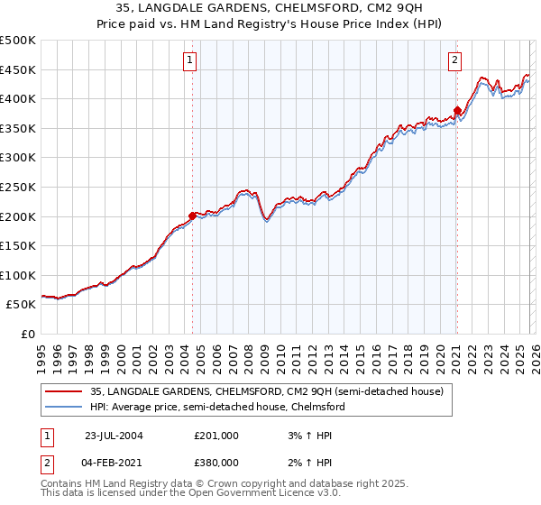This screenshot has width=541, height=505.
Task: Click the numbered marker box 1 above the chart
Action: tap(191, 60)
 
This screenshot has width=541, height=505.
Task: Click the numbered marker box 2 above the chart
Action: tap(454, 60)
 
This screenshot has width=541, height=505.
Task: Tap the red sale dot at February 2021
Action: tap(457, 111)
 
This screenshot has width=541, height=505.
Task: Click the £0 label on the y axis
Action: tap(27, 334)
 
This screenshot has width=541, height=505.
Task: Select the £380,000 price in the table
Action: tap(216, 462)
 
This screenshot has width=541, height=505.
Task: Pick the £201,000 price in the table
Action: tap(216, 435)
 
